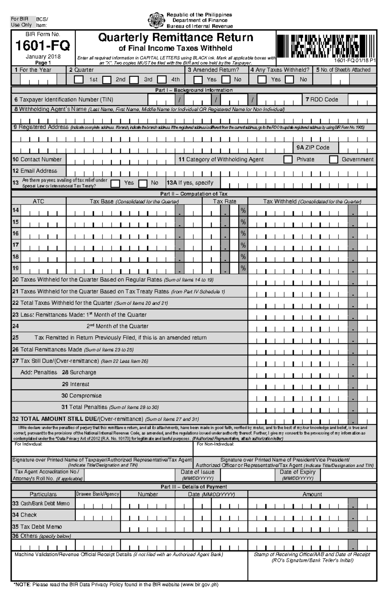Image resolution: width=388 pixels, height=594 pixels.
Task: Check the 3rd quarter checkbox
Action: (x=134, y=80)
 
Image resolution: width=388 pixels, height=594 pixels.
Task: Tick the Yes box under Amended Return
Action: (x=198, y=80)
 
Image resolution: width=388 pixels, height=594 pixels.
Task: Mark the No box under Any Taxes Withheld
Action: (x=290, y=80)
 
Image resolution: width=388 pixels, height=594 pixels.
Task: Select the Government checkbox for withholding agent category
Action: (x=333, y=160)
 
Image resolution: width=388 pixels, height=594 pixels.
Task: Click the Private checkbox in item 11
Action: (x=288, y=160)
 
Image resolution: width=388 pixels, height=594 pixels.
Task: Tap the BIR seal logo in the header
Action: (x=156, y=20)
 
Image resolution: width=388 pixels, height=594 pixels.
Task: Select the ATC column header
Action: (x=38, y=201)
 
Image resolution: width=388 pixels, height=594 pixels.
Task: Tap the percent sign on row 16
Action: (x=243, y=234)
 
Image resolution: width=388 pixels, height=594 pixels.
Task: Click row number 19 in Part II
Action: (x=16, y=268)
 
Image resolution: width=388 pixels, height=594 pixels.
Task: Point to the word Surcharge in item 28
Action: (x=83, y=373)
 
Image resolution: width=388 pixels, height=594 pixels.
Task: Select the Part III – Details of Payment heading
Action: (x=194, y=487)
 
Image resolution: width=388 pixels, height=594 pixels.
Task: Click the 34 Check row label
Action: (x=25, y=515)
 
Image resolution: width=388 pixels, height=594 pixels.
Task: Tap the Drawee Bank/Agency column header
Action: (x=98, y=494)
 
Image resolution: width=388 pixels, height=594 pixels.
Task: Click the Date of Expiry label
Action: (x=297, y=472)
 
